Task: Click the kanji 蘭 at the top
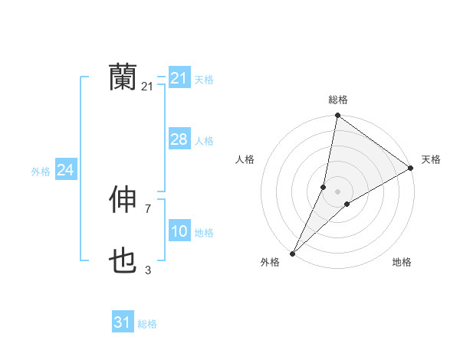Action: point(123,77)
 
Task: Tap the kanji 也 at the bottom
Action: point(123,262)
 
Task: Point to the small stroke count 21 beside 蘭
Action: point(147,87)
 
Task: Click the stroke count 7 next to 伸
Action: point(147,208)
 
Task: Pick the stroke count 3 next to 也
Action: point(147,270)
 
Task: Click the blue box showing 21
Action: point(179,78)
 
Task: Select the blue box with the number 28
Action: point(179,139)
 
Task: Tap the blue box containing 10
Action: point(179,231)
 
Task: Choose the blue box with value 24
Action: point(66,170)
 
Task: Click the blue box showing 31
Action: point(123,322)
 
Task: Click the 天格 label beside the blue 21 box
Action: point(204,79)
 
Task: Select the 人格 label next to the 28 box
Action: point(204,141)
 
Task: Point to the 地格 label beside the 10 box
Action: point(204,233)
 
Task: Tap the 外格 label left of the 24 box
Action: point(41,172)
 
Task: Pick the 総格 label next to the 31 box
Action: point(147,324)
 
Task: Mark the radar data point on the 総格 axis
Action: point(337,116)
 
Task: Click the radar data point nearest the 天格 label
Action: point(411,168)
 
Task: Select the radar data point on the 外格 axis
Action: point(293,253)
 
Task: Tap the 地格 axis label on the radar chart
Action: point(402,262)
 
